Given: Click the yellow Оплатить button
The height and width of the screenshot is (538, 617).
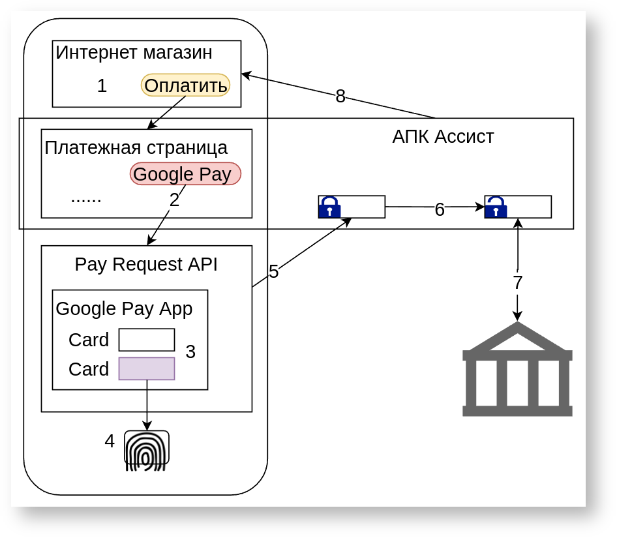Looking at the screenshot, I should (x=185, y=85).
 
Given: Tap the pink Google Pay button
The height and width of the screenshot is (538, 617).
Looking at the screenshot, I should (x=185, y=174).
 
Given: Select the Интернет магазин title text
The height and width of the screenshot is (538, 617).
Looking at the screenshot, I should (x=134, y=53).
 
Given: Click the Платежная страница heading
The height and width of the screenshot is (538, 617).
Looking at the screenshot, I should (x=136, y=147).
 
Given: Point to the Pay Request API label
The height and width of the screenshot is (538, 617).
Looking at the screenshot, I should (x=146, y=265).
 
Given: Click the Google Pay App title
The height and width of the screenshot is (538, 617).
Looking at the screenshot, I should (x=124, y=308).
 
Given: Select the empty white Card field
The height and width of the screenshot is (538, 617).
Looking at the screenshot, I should (x=147, y=340).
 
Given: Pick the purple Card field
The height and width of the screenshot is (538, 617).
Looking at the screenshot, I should (x=147, y=368).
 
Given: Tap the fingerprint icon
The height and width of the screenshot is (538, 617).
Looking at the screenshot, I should (x=147, y=450).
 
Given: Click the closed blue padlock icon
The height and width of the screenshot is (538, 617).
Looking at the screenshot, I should (x=329, y=207).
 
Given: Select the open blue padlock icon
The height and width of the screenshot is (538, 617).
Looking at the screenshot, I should (x=496, y=207).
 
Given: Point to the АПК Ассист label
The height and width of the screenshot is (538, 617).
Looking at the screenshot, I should (x=443, y=137).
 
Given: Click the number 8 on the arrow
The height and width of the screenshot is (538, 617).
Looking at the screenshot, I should (x=340, y=97).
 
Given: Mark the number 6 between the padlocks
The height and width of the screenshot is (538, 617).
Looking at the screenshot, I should (x=440, y=209).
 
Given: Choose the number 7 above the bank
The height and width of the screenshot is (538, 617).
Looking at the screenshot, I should (x=517, y=283).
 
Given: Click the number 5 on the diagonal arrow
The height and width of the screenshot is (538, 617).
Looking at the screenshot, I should (x=274, y=272).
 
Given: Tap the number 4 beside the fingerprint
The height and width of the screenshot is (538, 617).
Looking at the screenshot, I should (x=110, y=441).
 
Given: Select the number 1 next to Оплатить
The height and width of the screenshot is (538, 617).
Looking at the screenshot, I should (x=102, y=85).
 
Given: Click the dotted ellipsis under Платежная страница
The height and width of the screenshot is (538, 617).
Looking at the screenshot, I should (x=86, y=198).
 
